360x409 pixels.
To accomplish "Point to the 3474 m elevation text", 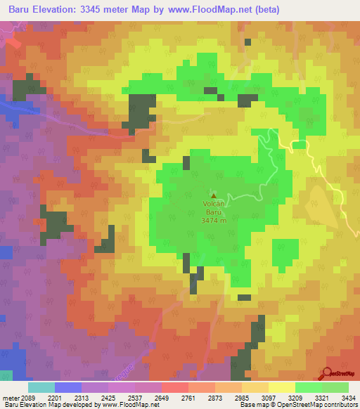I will tap(214, 221).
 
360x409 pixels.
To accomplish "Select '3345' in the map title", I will tap(113, 10).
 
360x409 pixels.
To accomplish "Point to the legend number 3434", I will tap(347, 397).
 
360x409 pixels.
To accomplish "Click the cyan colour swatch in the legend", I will tap(41, 387).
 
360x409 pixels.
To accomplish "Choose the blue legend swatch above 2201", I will tap(68, 387).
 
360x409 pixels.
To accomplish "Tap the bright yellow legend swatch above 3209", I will tap(282, 387).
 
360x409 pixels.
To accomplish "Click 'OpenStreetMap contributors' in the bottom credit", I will tap(319, 405).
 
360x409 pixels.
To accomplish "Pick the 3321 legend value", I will tap(322, 397).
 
